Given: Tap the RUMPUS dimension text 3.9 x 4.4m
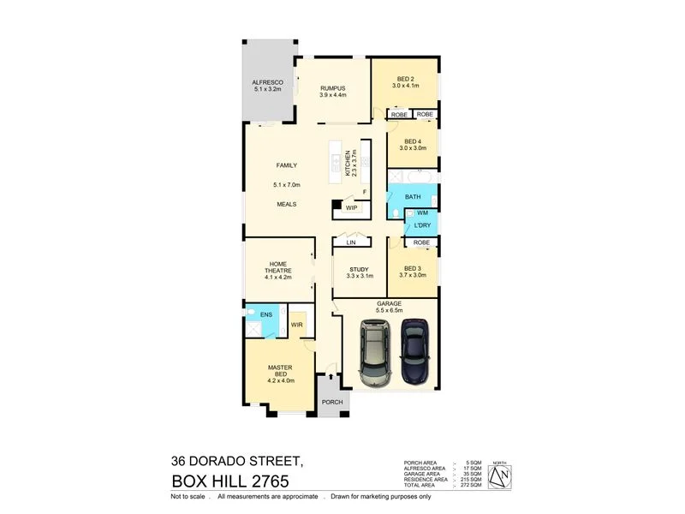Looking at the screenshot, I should [x=332, y=96].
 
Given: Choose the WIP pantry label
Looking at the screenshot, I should [x=351, y=207].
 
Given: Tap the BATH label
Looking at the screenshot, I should [x=413, y=196].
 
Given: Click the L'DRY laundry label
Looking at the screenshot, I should [x=421, y=225].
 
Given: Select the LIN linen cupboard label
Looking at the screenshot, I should [x=351, y=243].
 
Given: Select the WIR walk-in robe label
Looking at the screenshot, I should [x=297, y=325].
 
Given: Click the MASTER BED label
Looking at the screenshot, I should [x=280, y=368].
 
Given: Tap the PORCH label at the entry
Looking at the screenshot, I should [x=331, y=402].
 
